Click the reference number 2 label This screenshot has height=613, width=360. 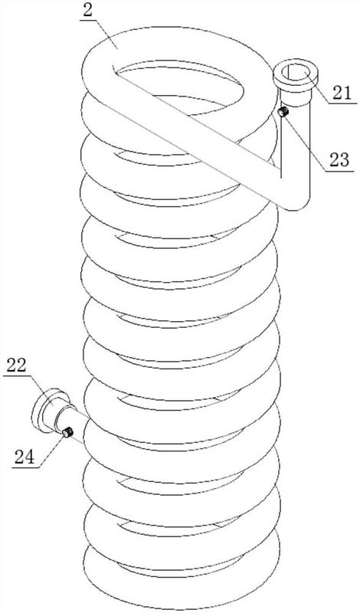click(88, 10)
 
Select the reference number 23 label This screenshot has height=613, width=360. click(339, 160)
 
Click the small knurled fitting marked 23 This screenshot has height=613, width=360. click(283, 112)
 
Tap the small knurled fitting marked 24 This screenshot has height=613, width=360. click(67, 432)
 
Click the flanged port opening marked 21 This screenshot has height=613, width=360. click(296, 75)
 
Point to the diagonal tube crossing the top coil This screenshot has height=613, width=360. click(195, 129)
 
